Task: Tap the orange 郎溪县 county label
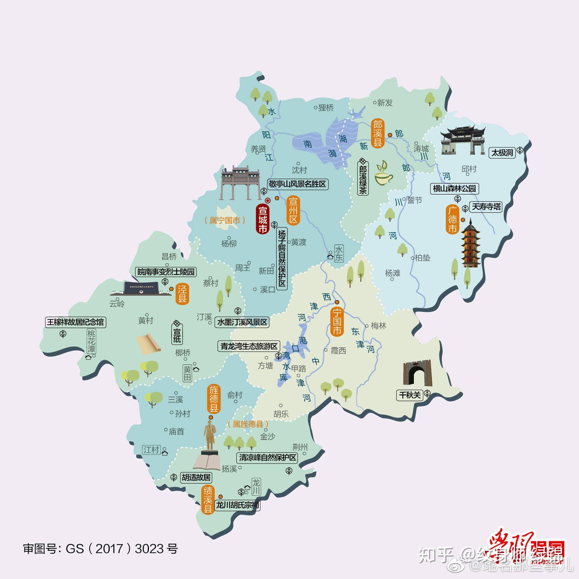[377, 134]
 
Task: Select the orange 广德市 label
[452, 220]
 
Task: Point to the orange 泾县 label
[182, 293]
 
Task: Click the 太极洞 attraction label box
[502, 153]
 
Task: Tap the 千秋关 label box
[410, 395]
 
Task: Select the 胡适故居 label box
[196, 477]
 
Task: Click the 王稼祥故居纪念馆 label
[75, 322]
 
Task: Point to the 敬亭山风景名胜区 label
[297, 184]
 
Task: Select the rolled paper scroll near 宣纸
[149, 344]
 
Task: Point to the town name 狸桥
[325, 108]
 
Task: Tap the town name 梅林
[378, 326]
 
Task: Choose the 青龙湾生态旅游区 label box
[249, 346]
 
